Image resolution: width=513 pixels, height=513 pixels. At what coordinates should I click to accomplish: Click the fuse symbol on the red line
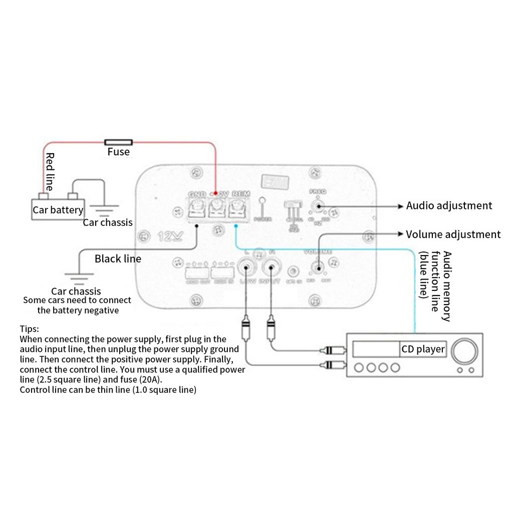(118, 142)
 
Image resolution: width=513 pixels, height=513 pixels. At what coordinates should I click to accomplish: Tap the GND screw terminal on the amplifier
(196, 207)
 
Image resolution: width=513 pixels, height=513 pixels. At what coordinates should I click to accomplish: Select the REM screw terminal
(237, 207)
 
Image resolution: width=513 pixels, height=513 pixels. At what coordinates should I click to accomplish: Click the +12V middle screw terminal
(217, 207)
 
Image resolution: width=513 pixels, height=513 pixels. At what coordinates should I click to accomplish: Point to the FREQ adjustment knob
(317, 205)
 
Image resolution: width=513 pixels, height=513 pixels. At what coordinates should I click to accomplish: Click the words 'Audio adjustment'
(449, 205)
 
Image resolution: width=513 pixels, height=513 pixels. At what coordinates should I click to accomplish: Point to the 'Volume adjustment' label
(453, 234)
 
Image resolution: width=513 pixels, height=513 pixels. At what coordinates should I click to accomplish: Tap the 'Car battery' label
(58, 210)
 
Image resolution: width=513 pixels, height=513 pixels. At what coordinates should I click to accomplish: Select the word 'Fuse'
(118, 152)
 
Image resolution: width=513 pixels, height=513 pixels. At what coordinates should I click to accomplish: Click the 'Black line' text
(118, 259)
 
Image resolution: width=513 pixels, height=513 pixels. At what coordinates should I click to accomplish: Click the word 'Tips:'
(29, 329)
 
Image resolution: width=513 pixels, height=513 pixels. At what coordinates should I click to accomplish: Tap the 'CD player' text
(423, 349)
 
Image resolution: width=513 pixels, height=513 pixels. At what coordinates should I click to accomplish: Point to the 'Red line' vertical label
(50, 172)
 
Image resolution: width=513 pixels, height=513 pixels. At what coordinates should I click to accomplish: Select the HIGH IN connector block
(221, 273)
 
